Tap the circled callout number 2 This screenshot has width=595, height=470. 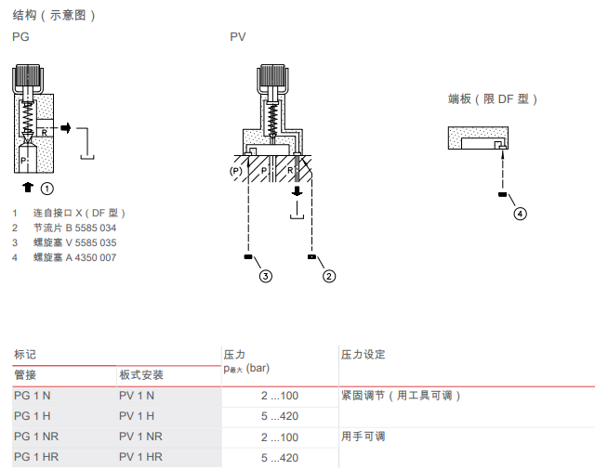click(328, 275)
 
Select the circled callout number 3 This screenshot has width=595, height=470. click(266, 275)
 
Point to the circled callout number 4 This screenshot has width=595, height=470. click(520, 213)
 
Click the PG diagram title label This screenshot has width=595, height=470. click(20, 37)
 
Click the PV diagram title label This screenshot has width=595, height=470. click(238, 37)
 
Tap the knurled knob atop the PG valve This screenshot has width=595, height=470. click(27, 78)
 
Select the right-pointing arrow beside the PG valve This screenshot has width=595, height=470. click(66, 127)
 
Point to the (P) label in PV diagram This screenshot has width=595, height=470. click(236, 172)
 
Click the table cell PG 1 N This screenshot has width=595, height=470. click(33, 396)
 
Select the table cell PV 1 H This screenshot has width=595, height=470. click(137, 416)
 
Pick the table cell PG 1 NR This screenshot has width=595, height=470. click(36, 437)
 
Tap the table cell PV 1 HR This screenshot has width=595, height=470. click(140, 457)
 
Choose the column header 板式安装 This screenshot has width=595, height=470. click(141, 375)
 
